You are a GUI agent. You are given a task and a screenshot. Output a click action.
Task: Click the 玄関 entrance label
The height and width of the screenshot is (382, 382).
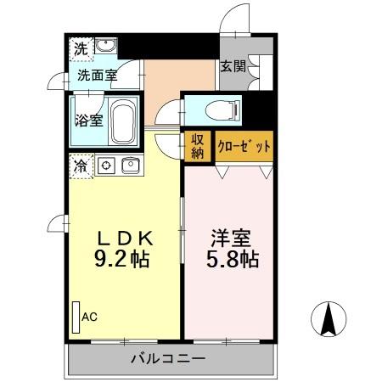233,65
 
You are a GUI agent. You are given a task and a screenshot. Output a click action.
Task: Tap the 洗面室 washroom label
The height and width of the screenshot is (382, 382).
97,75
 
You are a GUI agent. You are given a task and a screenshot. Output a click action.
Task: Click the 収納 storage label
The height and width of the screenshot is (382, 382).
197,146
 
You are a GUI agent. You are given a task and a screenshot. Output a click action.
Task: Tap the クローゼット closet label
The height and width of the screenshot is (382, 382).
244,146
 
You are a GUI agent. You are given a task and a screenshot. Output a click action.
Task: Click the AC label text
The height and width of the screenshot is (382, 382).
89,317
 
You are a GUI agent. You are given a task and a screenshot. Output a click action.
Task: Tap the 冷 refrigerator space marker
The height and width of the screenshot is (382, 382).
79,166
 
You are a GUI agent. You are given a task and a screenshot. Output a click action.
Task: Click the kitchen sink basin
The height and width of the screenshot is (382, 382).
131,166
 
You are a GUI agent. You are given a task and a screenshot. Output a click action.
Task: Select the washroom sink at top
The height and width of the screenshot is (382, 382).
105,47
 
